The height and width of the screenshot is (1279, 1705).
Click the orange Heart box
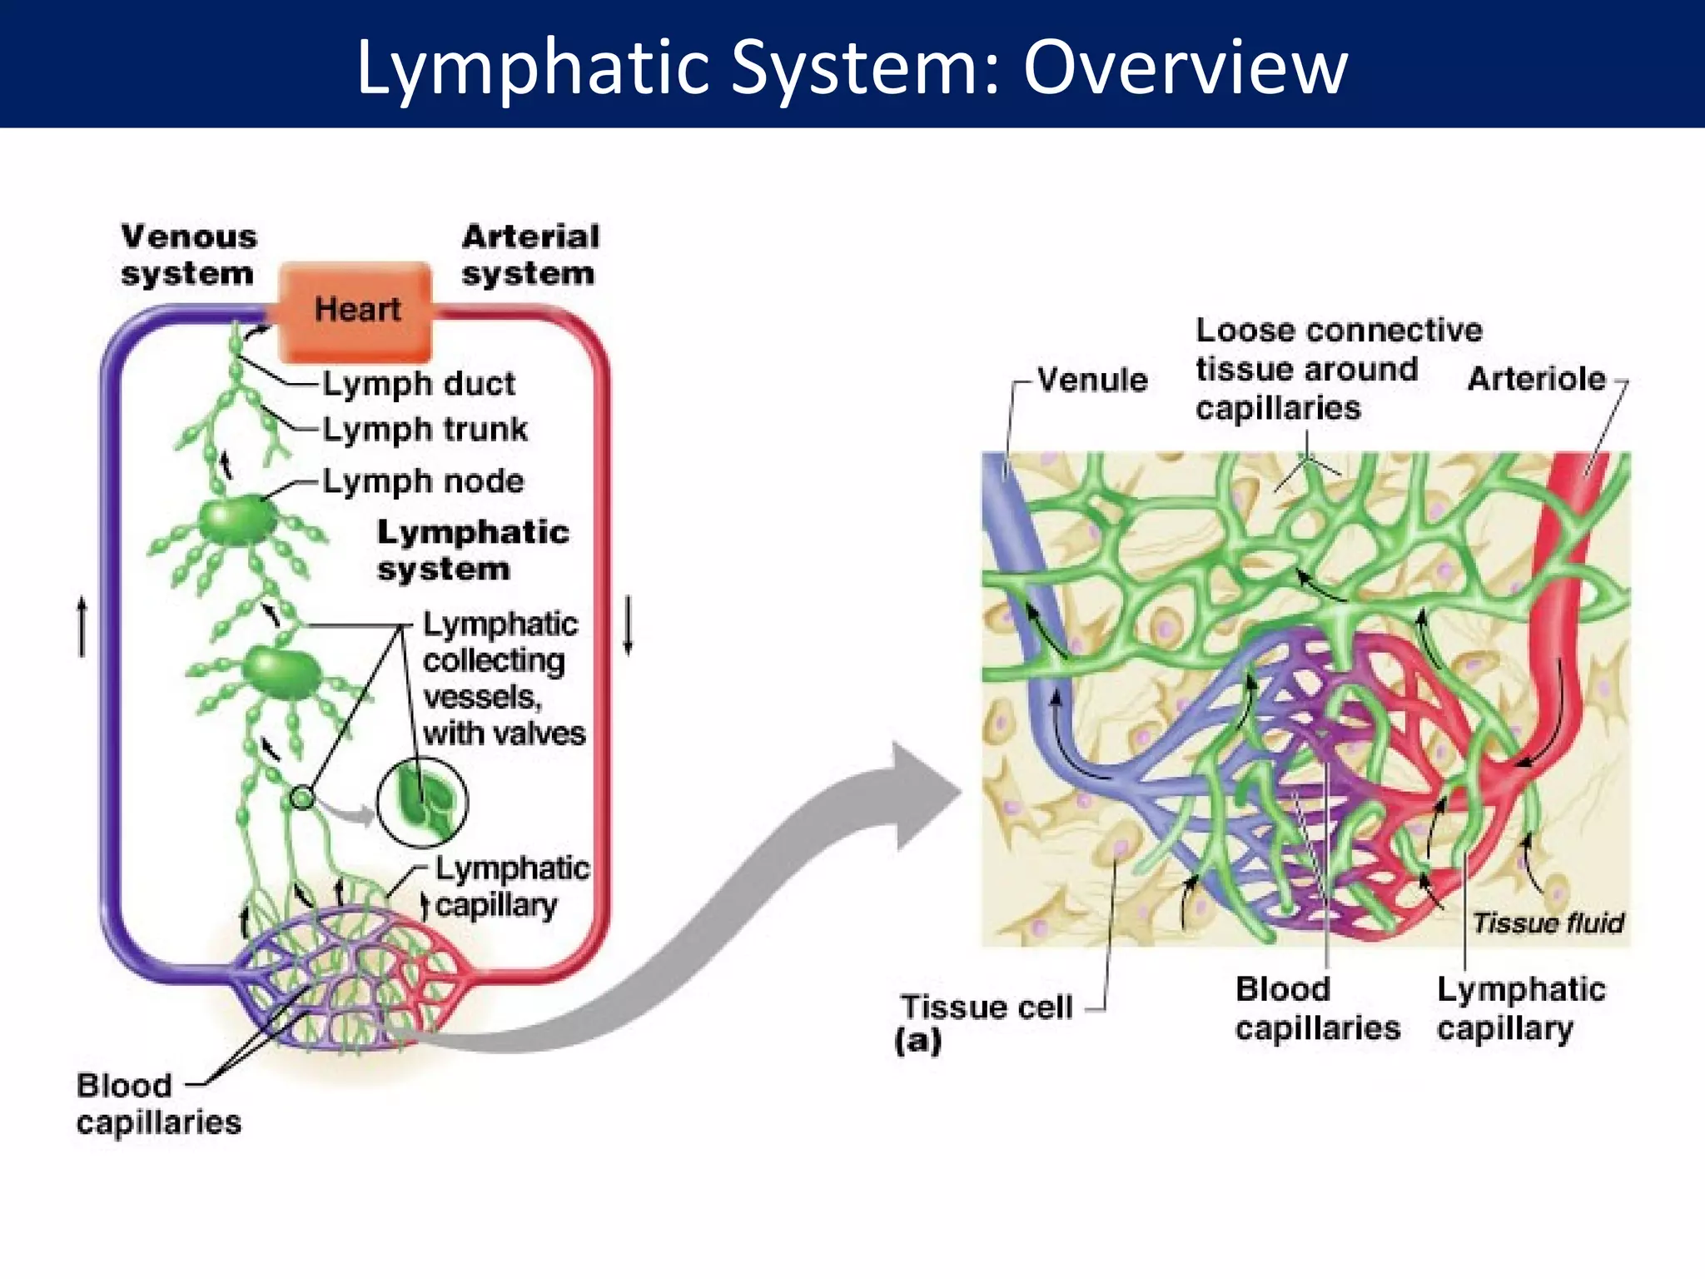click(356, 311)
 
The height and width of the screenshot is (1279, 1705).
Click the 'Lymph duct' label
click(419, 384)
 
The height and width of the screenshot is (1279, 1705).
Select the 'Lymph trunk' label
click(425, 430)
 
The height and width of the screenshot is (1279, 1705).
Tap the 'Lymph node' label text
click(423, 481)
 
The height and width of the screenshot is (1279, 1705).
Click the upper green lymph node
click(237, 520)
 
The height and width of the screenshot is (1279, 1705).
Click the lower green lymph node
click(281, 673)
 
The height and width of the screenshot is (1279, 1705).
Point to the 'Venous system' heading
click(188, 255)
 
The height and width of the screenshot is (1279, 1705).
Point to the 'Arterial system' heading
click(529, 255)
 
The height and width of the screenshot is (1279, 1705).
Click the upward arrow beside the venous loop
click(82, 626)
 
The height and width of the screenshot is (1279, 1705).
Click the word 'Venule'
click(1092, 380)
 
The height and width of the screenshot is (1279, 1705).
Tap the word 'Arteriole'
click(1536, 379)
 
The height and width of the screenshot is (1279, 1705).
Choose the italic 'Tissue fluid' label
click(1548, 923)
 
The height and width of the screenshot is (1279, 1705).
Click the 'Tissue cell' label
click(987, 1008)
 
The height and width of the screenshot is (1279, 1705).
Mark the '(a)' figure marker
click(917, 1041)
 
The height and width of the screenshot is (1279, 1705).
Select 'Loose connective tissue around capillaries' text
click(1337, 369)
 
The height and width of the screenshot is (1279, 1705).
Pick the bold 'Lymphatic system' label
click(472, 550)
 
